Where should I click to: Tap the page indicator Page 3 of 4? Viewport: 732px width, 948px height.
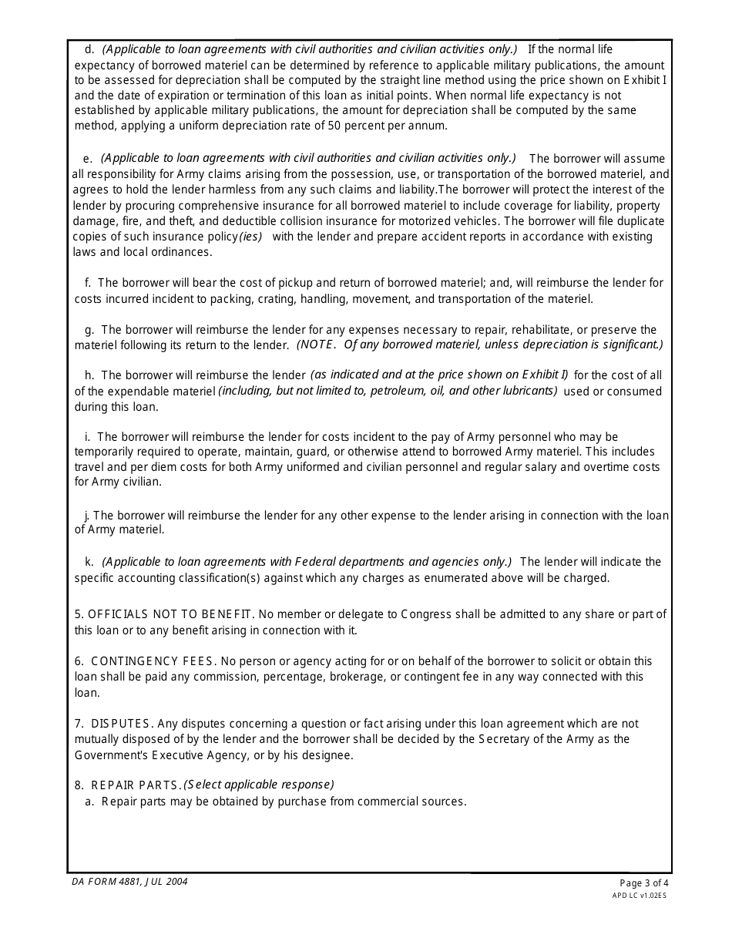644,883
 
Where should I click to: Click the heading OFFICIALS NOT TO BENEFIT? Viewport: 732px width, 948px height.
170,614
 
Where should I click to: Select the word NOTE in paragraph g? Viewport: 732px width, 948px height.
317,345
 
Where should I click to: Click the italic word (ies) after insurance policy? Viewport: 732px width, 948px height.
250,237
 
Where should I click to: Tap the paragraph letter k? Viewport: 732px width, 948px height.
89,562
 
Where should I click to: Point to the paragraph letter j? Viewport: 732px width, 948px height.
87,515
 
